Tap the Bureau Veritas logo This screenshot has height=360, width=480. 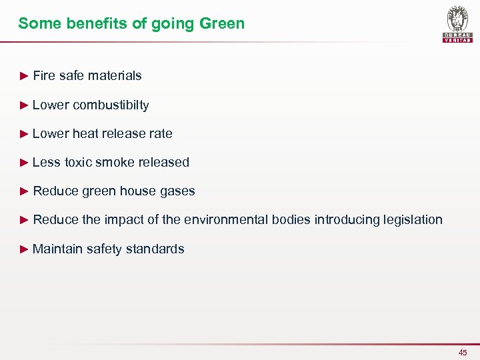pyautogui.click(x=457, y=24)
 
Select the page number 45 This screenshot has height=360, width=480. pyautogui.click(x=463, y=352)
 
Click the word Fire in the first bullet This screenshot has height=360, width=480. pyautogui.click(x=44, y=75)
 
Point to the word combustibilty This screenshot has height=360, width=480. pyautogui.click(x=111, y=105)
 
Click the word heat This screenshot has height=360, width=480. pyautogui.click(x=85, y=133)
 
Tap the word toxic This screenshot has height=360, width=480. pyautogui.click(x=78, y=162)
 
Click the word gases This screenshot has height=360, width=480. pyautogui.click(x=177, y=191)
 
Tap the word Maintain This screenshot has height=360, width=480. pyautogui.click(x=57, y=249)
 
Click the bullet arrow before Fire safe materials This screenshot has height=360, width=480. pyautogui.click(x=24, y=75)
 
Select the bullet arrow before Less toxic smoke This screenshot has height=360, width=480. pyautogui.click(x=24, y=162)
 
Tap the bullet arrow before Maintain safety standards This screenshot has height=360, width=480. pyautogui.click(x=24, y=249)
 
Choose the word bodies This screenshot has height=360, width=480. pyautogui.click(x=291, y=220)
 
